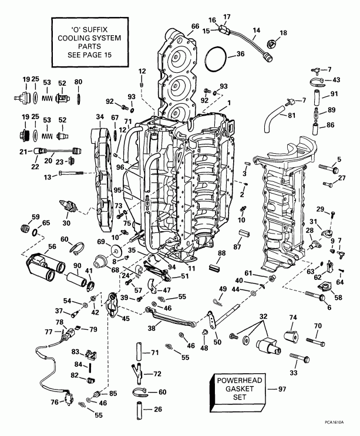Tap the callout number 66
[x=194, y=25]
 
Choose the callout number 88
[x=221, y=253]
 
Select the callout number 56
[x=36, y=246]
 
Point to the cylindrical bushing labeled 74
[x=291, y=336]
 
